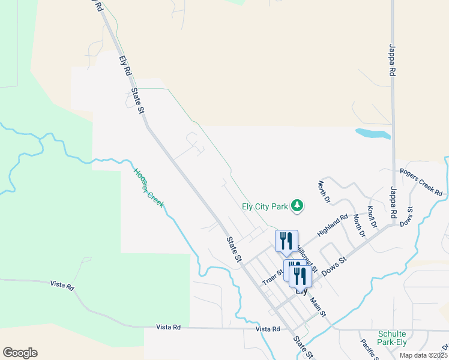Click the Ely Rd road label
click(125, 65)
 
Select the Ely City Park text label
click(265, 206)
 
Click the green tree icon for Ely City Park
click(297, 206)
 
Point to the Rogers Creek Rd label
click(421, 182)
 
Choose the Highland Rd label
click(333, 226)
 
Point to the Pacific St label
click(367, 350)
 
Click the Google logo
click(20, 352)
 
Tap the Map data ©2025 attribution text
click(423, 355)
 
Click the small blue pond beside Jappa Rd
click(372, 134)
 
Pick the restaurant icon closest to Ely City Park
click(286, 241)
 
